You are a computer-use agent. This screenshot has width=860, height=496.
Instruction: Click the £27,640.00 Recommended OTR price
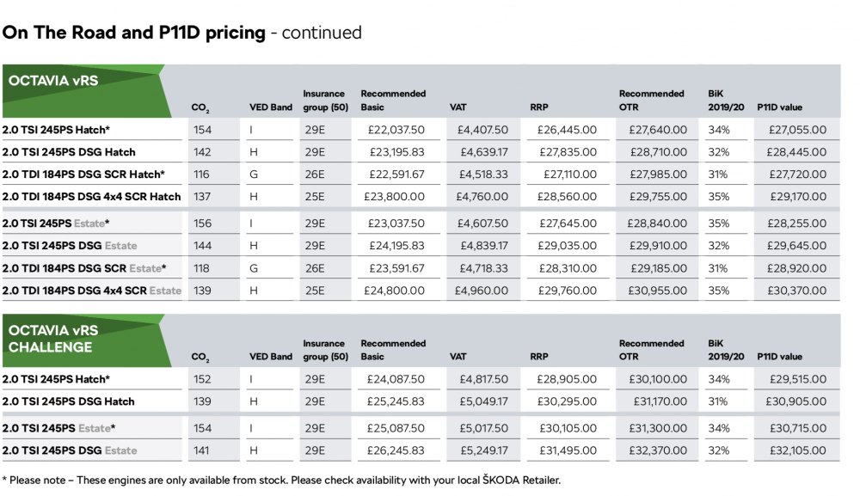pos(658,130)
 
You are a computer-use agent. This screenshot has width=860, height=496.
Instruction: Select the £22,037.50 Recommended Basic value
pos(396,130)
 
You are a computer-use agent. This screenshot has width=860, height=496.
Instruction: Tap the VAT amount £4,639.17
pos(483,152)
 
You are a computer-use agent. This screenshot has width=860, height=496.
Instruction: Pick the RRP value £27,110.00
pos(570,175)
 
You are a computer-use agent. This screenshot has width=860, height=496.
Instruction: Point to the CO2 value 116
pos(201,175)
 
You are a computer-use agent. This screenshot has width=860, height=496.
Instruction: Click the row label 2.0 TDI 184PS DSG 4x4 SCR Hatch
pos(92,197)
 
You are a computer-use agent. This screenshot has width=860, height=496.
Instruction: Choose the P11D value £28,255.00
pos(797,224)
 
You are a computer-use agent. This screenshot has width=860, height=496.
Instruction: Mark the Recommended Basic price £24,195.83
pos(396,246)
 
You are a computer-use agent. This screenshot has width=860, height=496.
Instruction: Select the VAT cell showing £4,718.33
pos(483,268)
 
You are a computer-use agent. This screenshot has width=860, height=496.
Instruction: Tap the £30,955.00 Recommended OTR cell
pos(658,291)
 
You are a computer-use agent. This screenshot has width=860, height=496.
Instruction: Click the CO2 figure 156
pos(202,224)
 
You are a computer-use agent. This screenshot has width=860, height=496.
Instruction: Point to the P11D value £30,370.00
pos(797,291)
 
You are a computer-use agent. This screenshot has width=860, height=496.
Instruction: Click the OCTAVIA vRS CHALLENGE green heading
pos(53,339)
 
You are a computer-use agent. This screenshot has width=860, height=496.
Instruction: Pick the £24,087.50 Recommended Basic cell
pos(396,379)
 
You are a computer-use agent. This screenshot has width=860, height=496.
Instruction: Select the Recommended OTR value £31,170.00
pos(660,401)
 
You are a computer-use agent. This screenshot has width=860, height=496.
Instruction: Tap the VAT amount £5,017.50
pos(483,429)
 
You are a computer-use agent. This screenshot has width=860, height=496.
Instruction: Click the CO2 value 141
pos(201,451)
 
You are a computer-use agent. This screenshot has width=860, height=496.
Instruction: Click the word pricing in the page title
pos(236,33)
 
